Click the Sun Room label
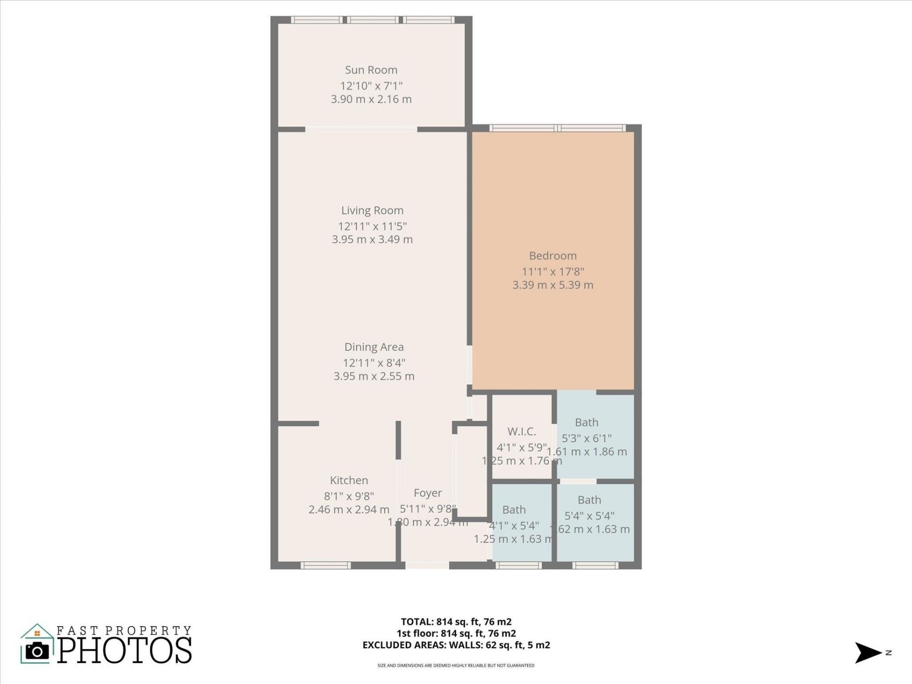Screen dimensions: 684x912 coord(371,70)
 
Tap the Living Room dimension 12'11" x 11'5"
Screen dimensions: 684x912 coord(372,226)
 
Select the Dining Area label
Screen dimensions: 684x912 coord(374,347)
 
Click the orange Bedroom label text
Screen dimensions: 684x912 coord(553,256)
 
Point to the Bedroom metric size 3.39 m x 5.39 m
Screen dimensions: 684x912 coord(553,285)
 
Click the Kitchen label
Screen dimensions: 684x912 coord(349,480)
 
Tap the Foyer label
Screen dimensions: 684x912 coord(427,493)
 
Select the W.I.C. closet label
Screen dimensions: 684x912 coord(522,431)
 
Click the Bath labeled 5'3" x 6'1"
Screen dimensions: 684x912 coord(587,422)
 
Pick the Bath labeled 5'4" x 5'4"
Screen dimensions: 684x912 coord(589,500)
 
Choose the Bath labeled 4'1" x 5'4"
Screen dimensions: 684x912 coord(514,510)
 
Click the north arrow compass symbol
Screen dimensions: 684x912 coord(868,653)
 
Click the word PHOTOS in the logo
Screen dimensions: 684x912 coord(125,651)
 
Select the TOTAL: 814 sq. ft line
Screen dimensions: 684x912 coord(456,622)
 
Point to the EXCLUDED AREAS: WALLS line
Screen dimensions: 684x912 coord(456,645)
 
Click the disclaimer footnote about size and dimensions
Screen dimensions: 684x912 coord(456,665)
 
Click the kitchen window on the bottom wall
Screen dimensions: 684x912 coord(326,565)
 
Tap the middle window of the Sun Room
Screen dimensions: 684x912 coord(373,20)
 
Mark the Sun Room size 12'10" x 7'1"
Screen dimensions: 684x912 coord(371,86)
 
